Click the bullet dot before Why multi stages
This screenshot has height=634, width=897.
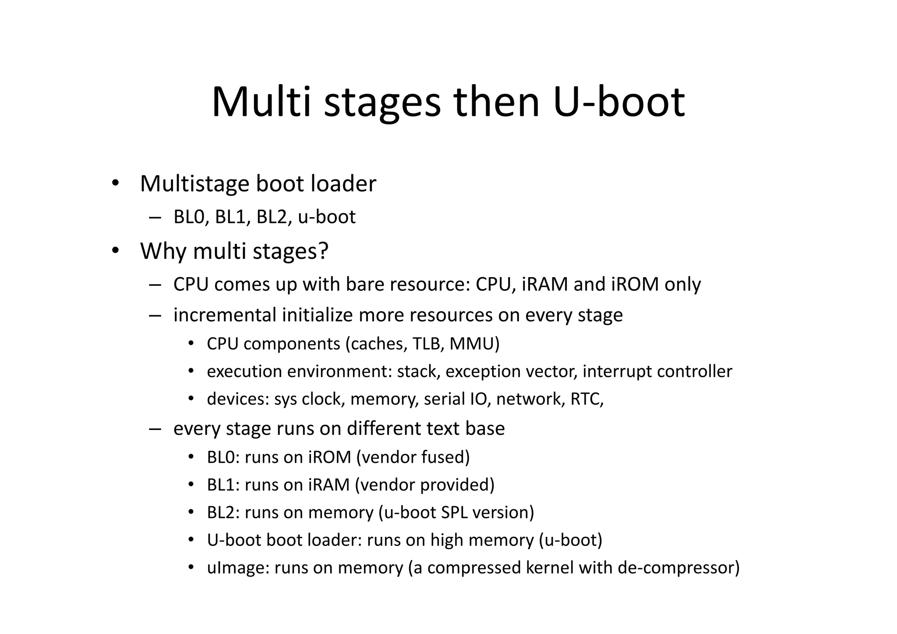115,251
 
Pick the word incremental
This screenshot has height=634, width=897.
224,315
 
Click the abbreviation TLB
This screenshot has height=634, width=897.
427,344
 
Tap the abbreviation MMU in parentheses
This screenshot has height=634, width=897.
474,344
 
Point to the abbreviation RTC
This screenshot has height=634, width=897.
586,399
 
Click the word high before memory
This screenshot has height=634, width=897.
447,540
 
